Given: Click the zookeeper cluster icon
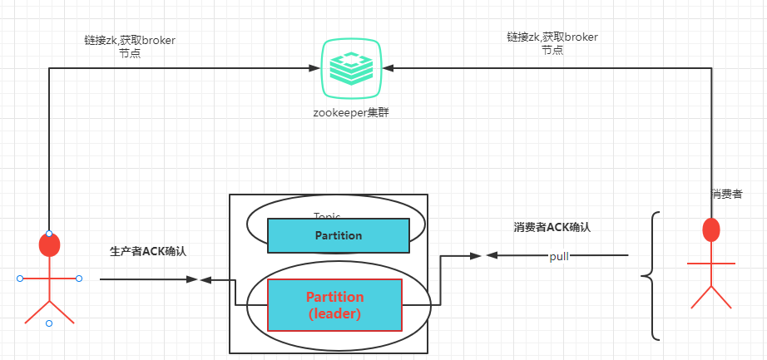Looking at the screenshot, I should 351,68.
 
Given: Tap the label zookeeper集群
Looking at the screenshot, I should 351,111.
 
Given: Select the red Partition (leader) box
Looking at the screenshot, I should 334,304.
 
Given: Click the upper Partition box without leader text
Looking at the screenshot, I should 338,235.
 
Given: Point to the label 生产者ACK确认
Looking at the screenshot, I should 148,251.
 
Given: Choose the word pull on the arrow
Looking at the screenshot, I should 559,255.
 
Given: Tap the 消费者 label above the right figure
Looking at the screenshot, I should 727,194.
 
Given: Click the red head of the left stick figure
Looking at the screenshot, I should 50,245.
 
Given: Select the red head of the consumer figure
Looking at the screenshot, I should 711,229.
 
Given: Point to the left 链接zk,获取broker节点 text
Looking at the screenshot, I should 130,46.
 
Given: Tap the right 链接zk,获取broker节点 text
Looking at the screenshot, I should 552,43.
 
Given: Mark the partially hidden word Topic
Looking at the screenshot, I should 327,215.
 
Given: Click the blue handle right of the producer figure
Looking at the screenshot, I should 79,279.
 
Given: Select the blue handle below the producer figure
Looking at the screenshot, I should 49,323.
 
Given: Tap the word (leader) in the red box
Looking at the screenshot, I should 334,314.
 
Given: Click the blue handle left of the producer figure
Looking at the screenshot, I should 19,279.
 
